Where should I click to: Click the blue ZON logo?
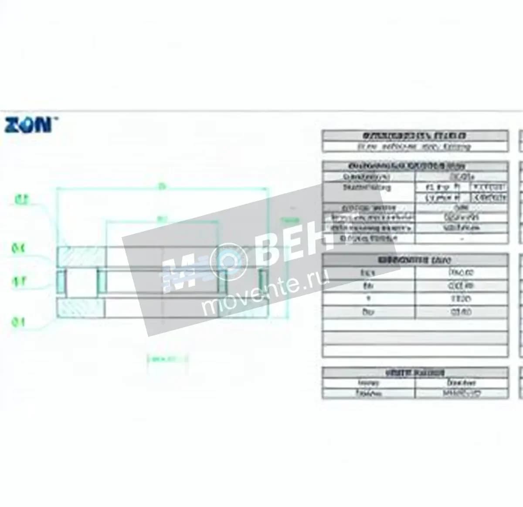pos(28,124)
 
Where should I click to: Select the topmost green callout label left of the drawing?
pos(22,200)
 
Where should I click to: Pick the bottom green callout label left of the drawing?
pos(18,322)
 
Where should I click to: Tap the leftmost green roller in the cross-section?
pos(61,282)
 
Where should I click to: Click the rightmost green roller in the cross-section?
pos(263,282)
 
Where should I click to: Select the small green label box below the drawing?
pos(168,359)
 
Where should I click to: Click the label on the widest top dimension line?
pos(162,186)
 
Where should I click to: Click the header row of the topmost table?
pos(415,135)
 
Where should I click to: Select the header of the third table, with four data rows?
pos(415,260)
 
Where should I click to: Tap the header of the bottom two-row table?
pos(415,373)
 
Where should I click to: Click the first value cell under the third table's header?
pos(461,273)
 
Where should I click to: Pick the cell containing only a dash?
pos(461,238)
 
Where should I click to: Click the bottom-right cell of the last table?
pos(461,393)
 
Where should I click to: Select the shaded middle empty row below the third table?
pos(415,338)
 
